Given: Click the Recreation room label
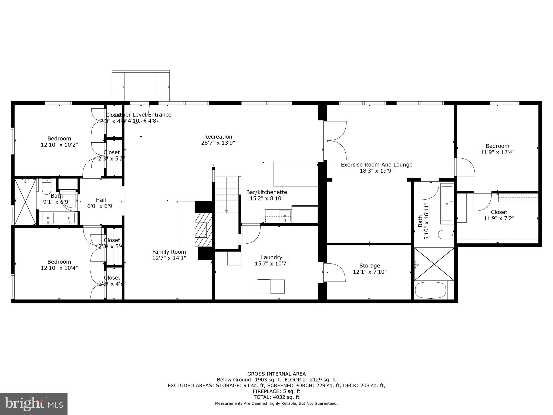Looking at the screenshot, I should [218, 137].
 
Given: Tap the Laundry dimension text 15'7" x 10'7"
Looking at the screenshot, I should [271, 263].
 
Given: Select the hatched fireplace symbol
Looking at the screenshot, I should [203, 229].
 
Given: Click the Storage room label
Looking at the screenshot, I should [369, 266].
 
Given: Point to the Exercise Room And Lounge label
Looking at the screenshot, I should [376, 165].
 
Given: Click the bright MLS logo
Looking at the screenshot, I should [34, 404].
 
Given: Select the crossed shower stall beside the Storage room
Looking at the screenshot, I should [434, 264].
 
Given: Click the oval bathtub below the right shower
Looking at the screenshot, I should [430, 290].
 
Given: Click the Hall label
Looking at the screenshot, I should [101, 200].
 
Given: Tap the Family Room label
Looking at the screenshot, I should [169, 252].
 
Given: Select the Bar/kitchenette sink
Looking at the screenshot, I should [285, 216].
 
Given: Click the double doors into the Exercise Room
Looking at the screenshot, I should [336, 140].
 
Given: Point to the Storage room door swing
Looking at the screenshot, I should [336, 272].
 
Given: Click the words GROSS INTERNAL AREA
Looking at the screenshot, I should [276, 374].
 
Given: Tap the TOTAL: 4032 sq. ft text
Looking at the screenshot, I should [276, 397].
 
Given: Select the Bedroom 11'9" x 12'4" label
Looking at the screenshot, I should [497, 146].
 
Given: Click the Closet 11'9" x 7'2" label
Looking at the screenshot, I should [499, 212].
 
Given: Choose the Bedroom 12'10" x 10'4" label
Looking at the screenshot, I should [59, 262].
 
